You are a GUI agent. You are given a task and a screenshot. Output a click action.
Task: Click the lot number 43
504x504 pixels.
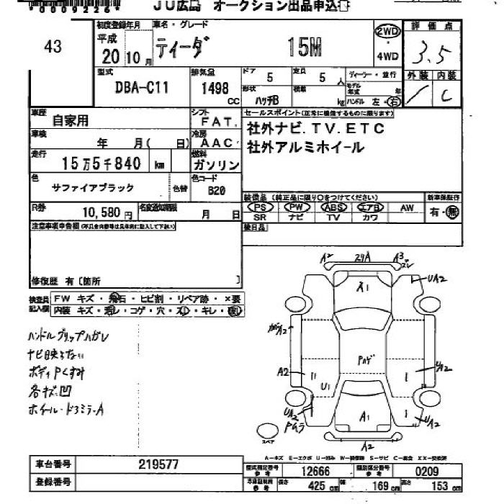(x=53, y=47)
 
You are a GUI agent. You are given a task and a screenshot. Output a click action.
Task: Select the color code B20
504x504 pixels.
(x=217, y=192)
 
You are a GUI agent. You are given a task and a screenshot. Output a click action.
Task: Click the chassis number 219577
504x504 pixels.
(x=158, y=464)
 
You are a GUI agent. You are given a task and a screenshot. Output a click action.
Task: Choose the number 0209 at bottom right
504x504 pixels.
(x=426, y=472)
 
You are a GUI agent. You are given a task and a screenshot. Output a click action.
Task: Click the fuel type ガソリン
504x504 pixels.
(x=216, y=165)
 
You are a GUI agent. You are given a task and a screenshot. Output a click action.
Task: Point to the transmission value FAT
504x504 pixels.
(x=216, y=123)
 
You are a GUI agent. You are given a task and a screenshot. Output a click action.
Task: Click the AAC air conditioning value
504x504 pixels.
(x=217, y=143)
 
